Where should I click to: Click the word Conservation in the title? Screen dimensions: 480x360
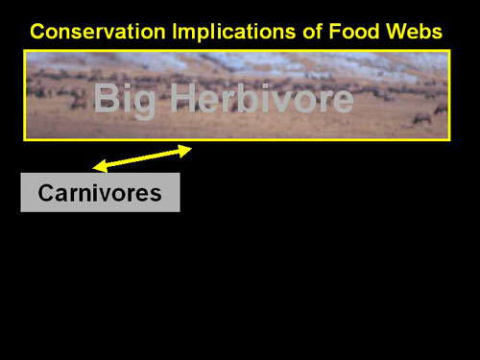[98, 32]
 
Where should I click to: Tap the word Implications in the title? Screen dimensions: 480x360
[233, 32]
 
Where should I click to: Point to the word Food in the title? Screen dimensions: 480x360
[354, 32]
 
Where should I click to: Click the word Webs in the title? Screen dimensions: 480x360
[414, 32]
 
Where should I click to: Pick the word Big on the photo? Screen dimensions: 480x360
[125, 100]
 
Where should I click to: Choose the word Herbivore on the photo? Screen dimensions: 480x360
[262, 98]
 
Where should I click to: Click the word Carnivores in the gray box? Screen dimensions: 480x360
[100, 193]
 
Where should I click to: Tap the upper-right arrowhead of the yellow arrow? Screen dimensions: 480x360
[185, 151]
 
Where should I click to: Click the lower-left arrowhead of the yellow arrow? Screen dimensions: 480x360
[99, 166]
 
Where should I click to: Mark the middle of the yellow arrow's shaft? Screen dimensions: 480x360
[142, 158]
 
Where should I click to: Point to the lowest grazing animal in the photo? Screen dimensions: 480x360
[421, 119]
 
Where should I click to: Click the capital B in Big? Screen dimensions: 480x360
[107, 97]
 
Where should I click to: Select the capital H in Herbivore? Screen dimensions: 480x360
[183, 97]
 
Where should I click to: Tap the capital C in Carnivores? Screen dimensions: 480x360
[46, 193]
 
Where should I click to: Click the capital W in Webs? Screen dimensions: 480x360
[397, 32]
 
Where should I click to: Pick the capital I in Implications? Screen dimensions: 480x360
[175, 32]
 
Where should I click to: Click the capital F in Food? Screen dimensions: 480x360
[335, 32]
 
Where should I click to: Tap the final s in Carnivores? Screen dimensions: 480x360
[156, 195]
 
